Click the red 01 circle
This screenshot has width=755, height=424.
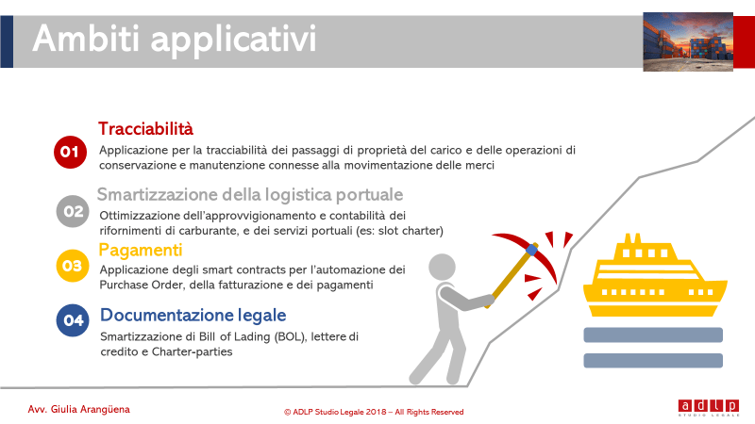click(70, 152)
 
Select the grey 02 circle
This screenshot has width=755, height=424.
click(73, 211)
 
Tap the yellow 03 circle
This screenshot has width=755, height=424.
click(73, 266)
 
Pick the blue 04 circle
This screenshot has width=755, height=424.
click(73, 320)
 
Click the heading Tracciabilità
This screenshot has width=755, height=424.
click(146, 129)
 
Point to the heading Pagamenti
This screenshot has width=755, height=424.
click(141, 251)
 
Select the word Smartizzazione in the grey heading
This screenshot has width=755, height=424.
click(158, 195)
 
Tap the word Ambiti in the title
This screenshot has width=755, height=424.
click(86, 39)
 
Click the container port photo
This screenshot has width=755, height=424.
click(688, 41)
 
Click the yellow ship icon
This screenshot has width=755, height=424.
click(655, 275)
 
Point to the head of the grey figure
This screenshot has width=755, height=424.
click(442, 268)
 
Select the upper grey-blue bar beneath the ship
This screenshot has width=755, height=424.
click(653, 335)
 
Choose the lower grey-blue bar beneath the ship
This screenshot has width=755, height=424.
click(653, 361)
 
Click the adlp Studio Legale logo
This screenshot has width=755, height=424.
click(709, 407)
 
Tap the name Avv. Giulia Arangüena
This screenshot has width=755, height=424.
click(79, 410)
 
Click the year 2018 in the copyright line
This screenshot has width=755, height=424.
click(376, 412)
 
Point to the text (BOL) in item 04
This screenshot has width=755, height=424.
click(291, 337)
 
